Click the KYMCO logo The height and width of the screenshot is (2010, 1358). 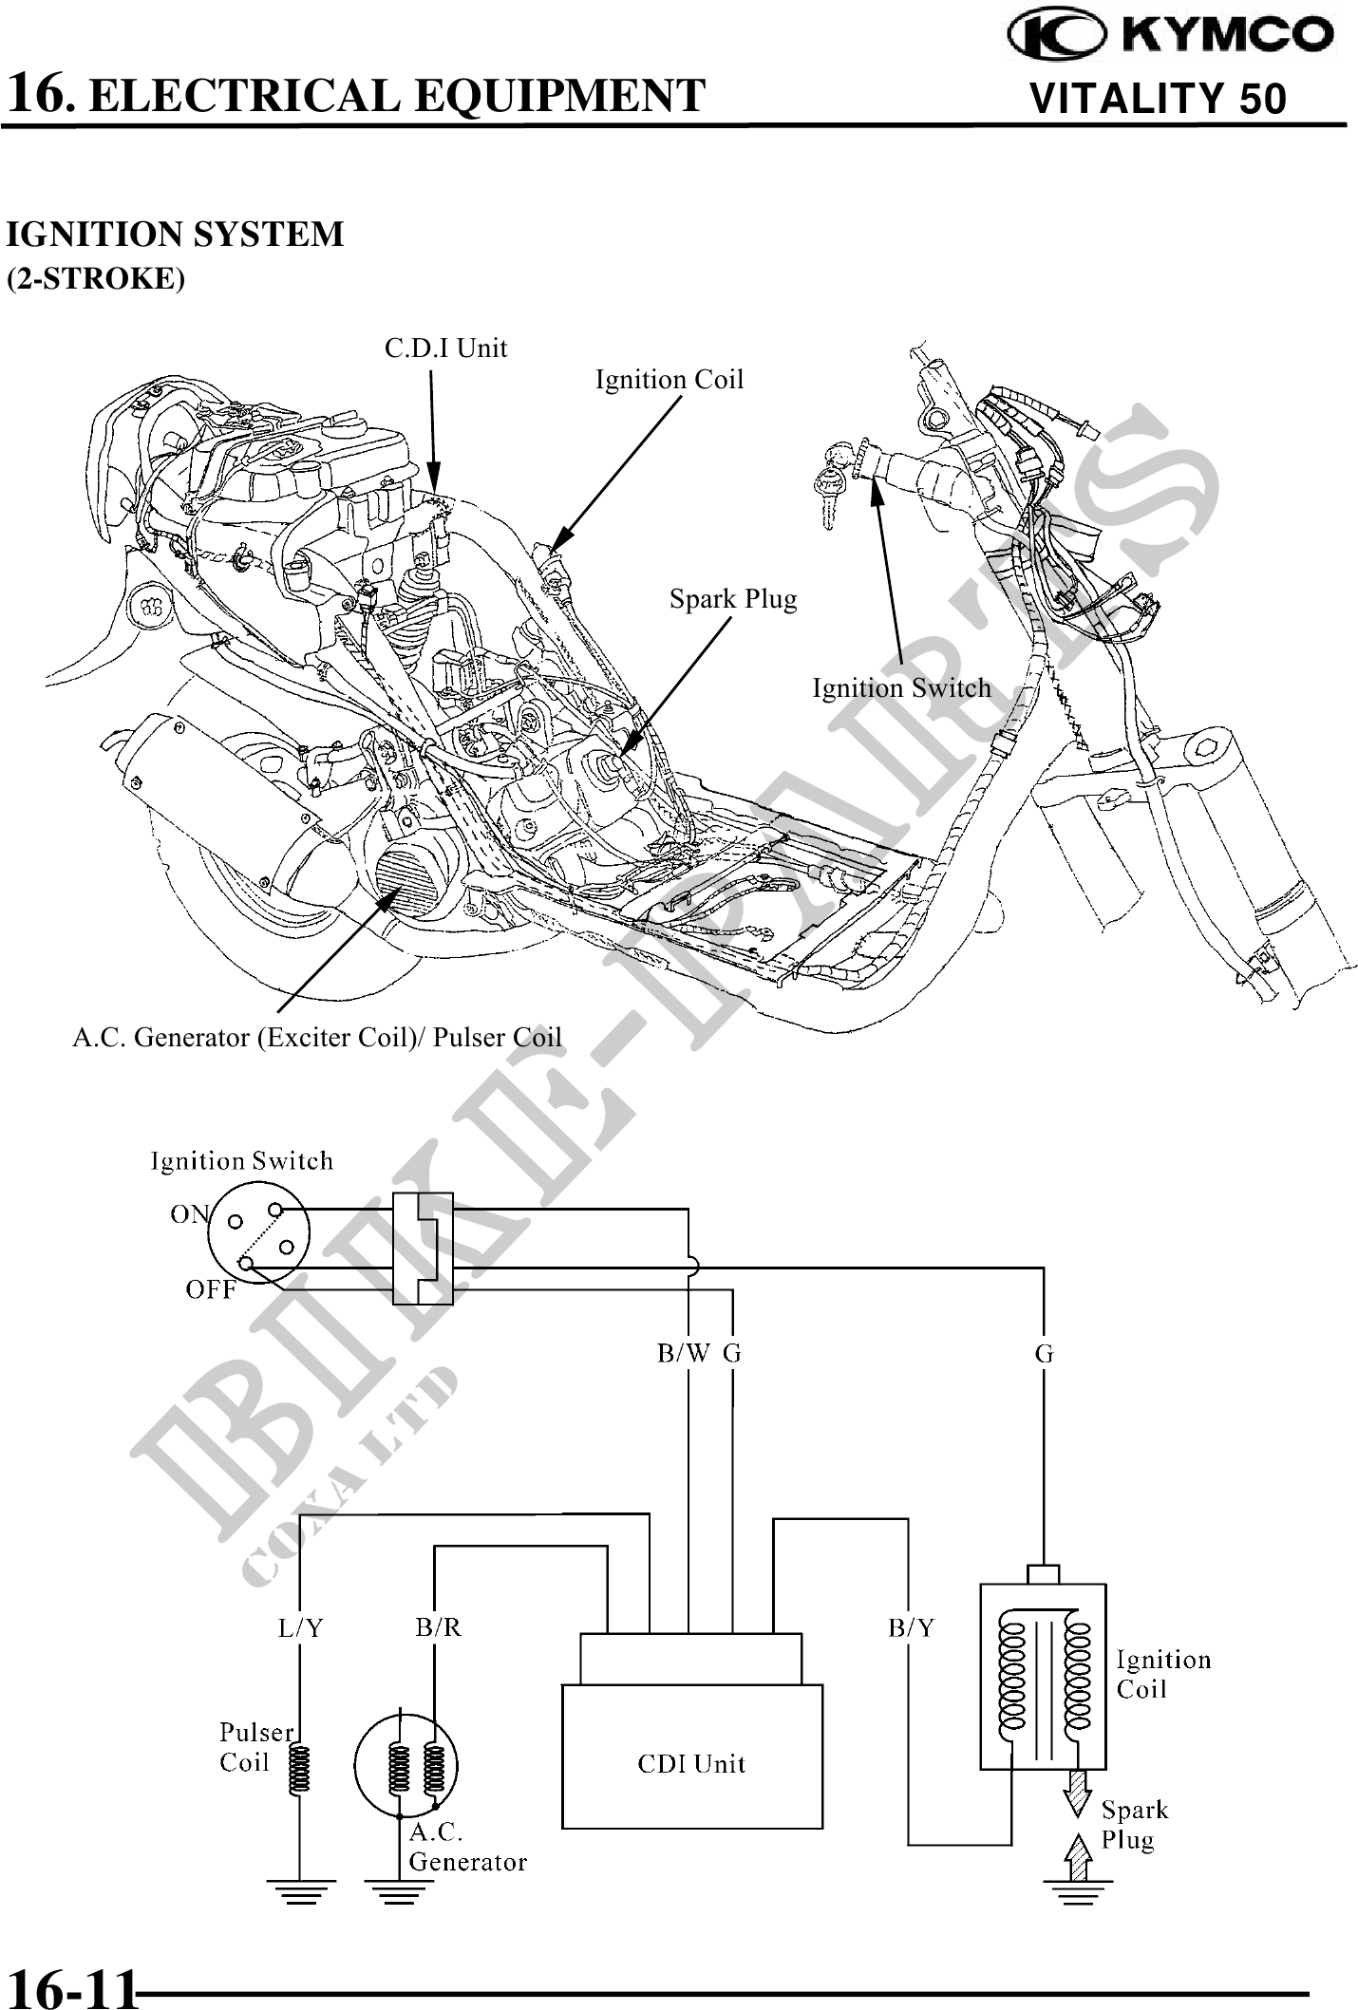pyautogui.click(x=1170, y=35)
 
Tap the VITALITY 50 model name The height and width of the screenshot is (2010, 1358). pyautogui.click(x=1158, y=99)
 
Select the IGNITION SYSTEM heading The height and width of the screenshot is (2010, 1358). pyautogui.click(x=175, y=235)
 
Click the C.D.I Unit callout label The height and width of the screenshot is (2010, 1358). pyautogui.click(x=445, y=348)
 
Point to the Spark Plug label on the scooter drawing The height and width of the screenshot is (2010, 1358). pyautogui.click(x=732, y=599)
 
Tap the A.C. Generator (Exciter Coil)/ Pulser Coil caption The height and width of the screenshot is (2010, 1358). pyautogui.click(x=317, y=1037)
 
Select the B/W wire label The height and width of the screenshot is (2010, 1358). pyautogui.click(x=683, y=1354)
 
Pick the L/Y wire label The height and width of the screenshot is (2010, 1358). pyautogui.click(x=300, y=1628)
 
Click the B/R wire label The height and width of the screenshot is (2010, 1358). pyautogui.click(x=438, y=1627)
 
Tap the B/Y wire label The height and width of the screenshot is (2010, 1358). pyautogui.click(x=911, y=1628)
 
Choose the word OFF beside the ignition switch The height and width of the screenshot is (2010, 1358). pyautogui.click(x=210, y=1289)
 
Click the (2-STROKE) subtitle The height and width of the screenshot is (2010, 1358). pyautogui.click(x=96, y=279)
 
